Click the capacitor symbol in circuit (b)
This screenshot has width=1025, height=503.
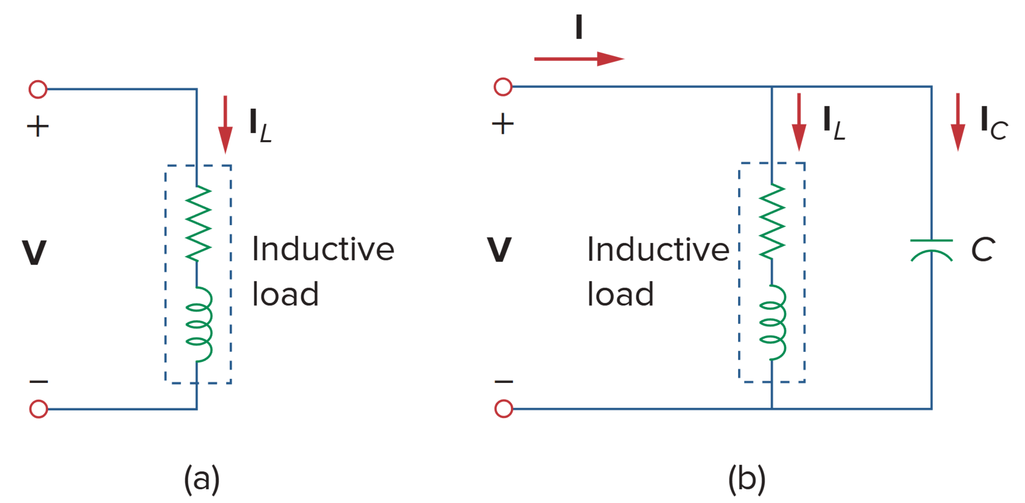point(931,250)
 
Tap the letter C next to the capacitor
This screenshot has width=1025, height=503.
point(983,250)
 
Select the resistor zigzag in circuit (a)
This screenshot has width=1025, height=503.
point(198,223)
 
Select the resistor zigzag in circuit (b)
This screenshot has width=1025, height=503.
point(772,221)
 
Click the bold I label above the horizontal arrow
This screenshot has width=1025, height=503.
point(578,27)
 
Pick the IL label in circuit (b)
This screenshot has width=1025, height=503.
point(833,123)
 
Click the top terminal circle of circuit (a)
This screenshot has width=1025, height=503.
point(38,89)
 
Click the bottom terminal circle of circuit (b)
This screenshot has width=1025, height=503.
point(503,409)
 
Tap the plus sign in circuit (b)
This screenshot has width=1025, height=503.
point(503,123)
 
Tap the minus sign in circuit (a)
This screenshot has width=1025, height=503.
point(39,381)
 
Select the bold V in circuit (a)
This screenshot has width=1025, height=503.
point(34,253)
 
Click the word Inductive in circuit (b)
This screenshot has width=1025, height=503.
point(658,250)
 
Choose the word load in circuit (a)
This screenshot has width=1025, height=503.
point(285,294)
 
